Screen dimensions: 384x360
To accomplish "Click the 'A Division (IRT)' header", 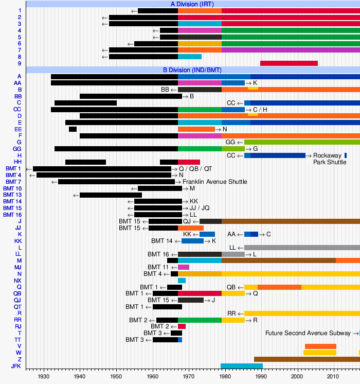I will pos(193,4).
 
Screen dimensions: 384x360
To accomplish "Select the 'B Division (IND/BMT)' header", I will pos(193,69).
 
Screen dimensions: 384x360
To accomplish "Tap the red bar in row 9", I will pos(289,63).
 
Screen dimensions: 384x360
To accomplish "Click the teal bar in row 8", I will pos(190,57).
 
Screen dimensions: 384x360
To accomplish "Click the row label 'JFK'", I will pos(16,366).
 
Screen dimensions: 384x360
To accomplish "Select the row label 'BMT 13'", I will pos(13,195).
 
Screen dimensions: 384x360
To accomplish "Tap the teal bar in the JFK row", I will pos(241,366).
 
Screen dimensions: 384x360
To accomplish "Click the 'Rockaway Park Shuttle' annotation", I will pos(330,159).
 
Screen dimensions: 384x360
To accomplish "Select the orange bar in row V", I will pos(320,346).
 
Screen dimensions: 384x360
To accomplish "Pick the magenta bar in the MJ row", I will pos(184,267).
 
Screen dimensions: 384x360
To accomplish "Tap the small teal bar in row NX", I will pos(182,281).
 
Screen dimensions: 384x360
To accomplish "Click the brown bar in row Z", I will pos(307,359).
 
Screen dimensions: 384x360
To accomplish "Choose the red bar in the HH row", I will pos(189,162).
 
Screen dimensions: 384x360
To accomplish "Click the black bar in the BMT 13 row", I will pos(111,195).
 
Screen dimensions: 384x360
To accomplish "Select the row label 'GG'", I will pos(17,149).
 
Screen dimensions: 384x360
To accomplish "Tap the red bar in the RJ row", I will pos(182,326).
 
